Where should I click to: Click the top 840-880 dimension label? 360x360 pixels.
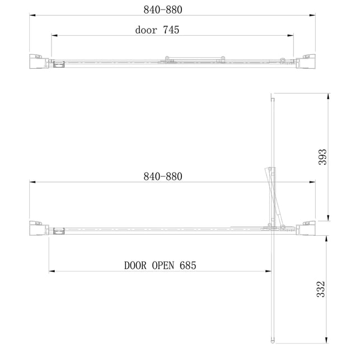[163, 10]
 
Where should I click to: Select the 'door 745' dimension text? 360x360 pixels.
[157, 30]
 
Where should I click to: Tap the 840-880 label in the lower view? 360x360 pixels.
[163, 176]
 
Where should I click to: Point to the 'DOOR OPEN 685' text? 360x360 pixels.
[160, 265]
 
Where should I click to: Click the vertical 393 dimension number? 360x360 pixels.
[322, 157]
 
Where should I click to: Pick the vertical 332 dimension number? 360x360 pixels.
[321, 289]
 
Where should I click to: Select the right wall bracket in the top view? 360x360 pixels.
[306, 61]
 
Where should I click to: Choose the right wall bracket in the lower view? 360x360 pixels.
[306, 228]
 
